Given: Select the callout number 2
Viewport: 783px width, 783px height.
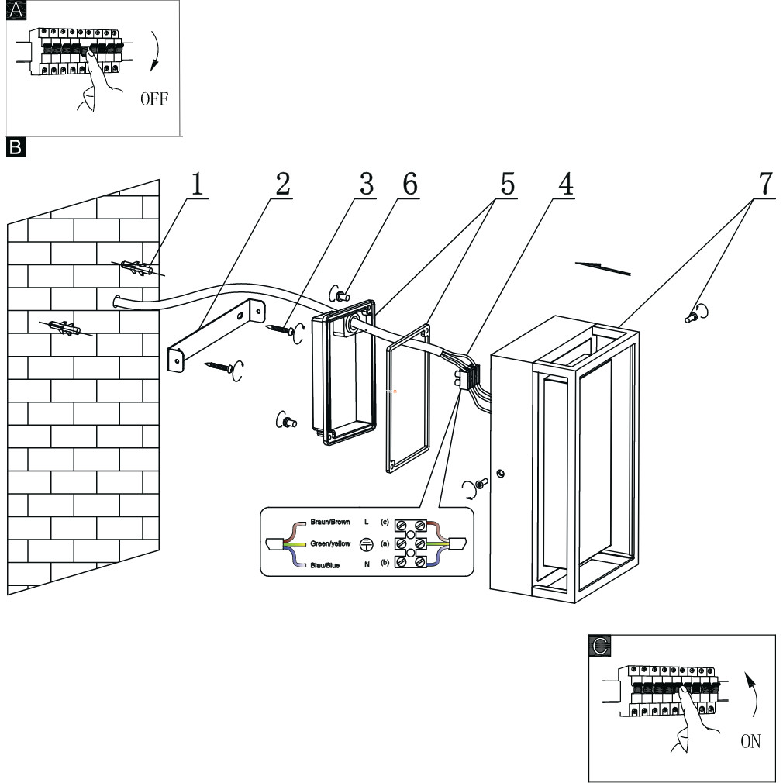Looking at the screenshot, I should click(282, 184).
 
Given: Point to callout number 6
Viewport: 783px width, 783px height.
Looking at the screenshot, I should click(409, 184).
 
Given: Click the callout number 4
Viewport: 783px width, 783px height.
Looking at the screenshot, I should click(566, 184).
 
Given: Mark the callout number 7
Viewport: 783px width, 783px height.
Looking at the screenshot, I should click(764, 184).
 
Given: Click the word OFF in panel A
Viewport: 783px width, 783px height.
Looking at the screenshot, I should click(154, 100).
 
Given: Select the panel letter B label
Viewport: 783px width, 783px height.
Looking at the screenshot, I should click(16, 145).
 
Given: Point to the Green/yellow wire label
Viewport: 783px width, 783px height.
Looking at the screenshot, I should click(331, 544).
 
